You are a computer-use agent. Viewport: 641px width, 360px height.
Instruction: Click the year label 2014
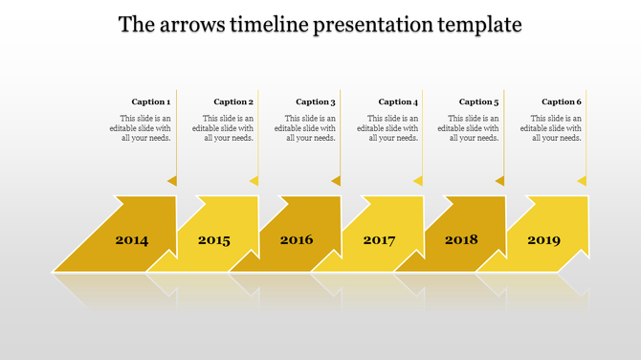[132, 240]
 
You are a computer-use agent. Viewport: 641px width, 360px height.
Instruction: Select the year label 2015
[214, 240]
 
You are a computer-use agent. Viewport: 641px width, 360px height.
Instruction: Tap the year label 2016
[297, 239]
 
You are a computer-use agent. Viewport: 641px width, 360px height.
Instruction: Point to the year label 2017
[379, 240]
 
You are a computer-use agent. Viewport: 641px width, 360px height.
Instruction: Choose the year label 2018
[461, 239]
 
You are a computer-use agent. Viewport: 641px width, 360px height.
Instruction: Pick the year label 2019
[543, 240]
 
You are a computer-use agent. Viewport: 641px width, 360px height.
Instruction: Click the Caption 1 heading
[151, 101]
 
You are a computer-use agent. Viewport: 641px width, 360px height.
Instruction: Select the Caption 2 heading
[233, 101]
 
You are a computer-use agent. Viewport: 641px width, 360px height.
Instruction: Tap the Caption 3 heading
[316, 101]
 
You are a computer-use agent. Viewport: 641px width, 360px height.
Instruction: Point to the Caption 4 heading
[398, 101]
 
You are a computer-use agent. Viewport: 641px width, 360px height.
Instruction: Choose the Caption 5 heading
[479, 101]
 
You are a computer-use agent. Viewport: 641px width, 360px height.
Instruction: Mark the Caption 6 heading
[562, 101]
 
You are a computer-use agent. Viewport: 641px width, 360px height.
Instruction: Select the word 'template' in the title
[475, 24]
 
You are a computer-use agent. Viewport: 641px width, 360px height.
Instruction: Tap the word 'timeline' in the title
[269, 24]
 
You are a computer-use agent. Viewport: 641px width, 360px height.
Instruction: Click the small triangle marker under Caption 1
[172, 180]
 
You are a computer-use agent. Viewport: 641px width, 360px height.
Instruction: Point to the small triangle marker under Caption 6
[582, 180]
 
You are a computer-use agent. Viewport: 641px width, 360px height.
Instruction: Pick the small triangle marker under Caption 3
[336, 180]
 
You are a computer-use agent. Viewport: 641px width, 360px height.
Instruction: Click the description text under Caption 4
[387, 127]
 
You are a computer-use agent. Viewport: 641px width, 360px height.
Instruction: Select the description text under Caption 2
[223, 127]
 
